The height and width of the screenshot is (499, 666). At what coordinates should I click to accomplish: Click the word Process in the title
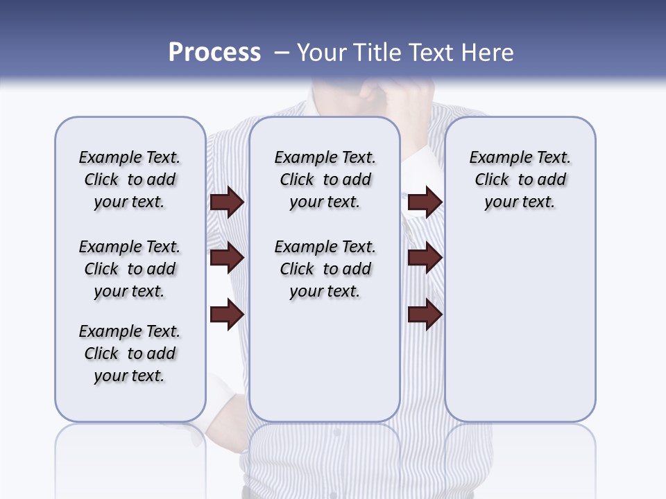pos(214,53)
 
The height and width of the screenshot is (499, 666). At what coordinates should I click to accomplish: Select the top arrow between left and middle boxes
pos(227,202)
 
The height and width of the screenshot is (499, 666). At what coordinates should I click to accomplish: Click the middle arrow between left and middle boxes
pos(227,258)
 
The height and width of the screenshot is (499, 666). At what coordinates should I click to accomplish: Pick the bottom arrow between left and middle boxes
pos(227,314)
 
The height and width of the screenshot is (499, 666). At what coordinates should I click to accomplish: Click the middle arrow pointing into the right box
pos(425,258)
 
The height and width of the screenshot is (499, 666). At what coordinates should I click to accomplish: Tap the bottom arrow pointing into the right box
pos(425,314)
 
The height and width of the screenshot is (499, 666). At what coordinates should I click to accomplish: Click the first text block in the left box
pos(130,180)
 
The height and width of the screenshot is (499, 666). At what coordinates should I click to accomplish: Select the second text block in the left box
pos(130,269)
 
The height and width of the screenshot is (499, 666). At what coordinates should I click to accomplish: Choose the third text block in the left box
pos(130,353)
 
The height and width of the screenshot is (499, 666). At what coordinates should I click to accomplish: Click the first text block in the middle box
pos(325,180)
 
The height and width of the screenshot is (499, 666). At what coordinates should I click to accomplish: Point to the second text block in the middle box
pos(325,269)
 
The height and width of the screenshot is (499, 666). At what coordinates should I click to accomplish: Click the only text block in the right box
pos(520,180)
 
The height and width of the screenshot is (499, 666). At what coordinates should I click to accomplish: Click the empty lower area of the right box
pos(520,333)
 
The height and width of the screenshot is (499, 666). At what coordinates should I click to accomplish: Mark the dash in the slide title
pos(282,53)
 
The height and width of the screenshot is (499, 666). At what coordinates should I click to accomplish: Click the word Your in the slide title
pos(322,53)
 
